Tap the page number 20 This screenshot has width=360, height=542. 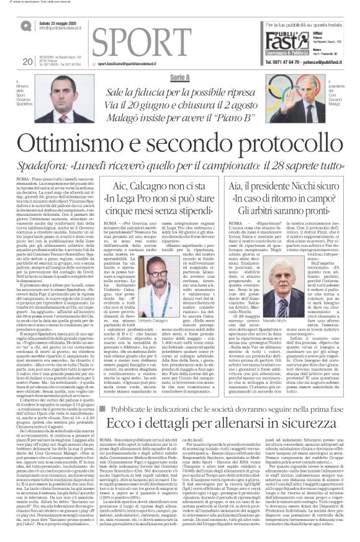point(27,61)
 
